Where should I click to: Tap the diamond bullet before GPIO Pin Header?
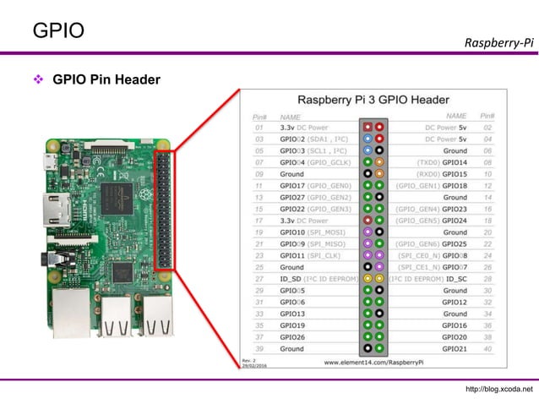click(38, 81)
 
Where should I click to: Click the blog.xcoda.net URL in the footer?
click(499, 389)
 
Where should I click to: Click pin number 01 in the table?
click(259, 128)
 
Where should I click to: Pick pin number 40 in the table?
click(487, 348)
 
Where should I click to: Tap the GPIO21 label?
click(455, 348)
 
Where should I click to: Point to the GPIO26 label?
click(292, 336)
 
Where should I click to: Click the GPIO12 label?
click(455, 302)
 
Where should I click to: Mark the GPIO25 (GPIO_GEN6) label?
click(433, 243)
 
